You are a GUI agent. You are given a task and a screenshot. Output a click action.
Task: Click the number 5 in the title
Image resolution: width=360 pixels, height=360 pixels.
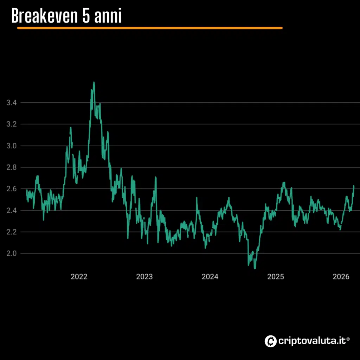pos(86,16)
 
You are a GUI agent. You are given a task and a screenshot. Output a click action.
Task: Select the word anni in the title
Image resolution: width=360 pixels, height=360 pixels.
pos(108,16)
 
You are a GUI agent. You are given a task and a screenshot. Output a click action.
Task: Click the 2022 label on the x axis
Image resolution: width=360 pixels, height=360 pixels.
pos(79,277)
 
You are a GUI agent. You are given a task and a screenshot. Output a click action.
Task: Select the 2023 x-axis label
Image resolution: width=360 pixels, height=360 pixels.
pos(144,277)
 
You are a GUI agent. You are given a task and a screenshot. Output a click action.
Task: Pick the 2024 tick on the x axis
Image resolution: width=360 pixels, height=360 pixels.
pos(210,277)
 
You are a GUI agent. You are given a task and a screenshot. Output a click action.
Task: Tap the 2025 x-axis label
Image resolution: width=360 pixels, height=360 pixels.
pos(276,277)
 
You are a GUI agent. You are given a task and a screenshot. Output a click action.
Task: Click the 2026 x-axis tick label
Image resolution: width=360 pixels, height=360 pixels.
pos(341,277)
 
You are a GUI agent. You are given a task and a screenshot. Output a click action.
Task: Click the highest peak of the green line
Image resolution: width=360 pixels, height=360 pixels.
pos(94,83)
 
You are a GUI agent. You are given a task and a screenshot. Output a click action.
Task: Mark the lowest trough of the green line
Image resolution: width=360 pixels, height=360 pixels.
pos(255,268)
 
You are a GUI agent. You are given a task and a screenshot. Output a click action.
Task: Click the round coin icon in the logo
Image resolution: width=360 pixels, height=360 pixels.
pos(270,341)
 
